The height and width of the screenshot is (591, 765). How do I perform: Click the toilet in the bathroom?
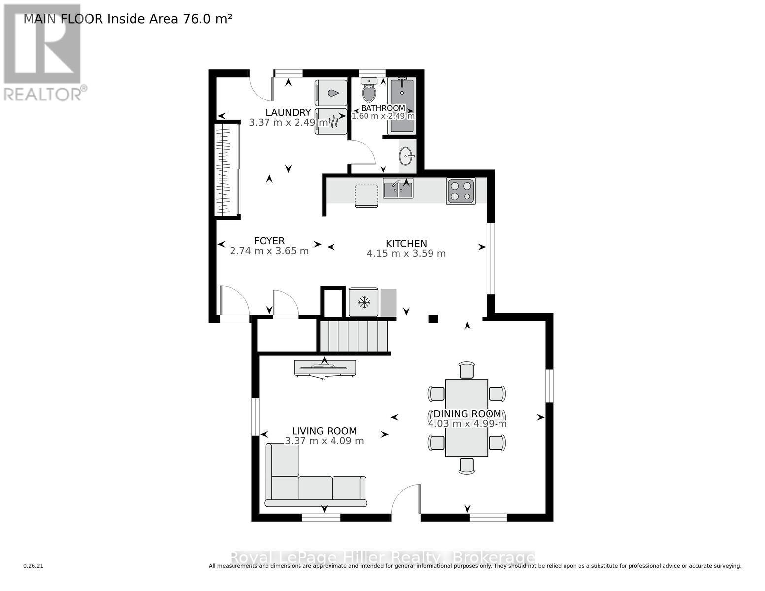[369, 91]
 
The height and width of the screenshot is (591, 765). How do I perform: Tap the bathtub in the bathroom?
[402, 105]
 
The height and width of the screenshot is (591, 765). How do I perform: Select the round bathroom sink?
[407, 157]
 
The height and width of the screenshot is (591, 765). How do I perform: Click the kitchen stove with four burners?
[461, 191]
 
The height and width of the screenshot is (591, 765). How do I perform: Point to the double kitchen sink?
[398, 189]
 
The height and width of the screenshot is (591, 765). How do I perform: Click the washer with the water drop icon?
[331, 93]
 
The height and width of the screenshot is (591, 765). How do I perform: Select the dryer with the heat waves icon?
[331, 121]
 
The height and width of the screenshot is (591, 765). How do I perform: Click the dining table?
[466, 418]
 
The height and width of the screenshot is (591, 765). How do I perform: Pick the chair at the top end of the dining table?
[466, 370]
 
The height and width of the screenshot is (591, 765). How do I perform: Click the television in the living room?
[324, 367]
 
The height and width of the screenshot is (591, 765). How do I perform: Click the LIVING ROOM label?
[324, 431]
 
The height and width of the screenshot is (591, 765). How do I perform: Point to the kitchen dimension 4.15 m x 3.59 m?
[406, 254]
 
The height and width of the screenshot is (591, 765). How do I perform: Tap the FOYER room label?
[269, 241]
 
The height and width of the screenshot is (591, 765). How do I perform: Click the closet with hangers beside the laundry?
[227, 169]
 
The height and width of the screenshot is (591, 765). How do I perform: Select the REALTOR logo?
[43, 52]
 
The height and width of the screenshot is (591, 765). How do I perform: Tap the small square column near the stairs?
[433, 319]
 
